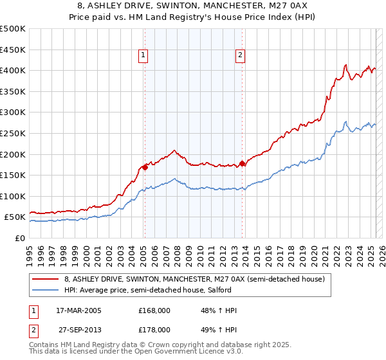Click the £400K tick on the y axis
13,70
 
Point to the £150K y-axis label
13,175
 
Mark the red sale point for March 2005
145,167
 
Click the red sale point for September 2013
242,163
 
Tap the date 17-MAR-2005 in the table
79,310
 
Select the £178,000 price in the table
154,329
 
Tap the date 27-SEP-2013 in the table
79,329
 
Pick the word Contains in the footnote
45,345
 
